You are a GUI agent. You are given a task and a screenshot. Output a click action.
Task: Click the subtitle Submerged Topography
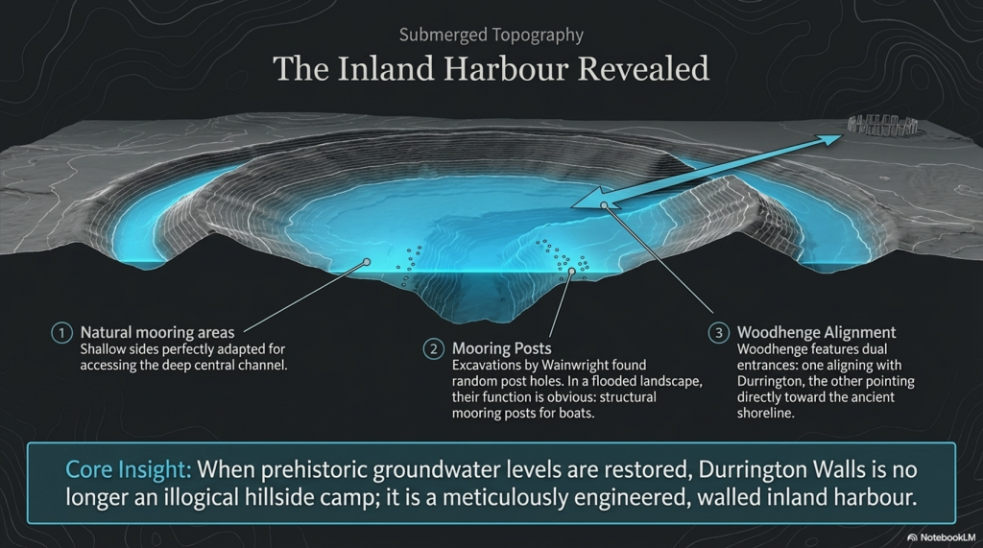tap(491, 36)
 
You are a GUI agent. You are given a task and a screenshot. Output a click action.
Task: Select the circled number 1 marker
tap(61, 332)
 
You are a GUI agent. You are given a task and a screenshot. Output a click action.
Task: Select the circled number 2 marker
tap(433, 348)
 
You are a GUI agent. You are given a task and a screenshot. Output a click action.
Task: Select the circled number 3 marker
tap(718, 332)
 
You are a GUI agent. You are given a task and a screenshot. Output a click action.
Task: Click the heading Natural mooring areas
tap(157, 332)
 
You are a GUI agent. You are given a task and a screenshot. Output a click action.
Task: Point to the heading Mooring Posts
tap(501, 348)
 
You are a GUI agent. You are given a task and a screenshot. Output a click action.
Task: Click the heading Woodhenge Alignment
tap(816, 332)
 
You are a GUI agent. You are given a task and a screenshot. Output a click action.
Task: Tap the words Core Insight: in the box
tap(128, 469)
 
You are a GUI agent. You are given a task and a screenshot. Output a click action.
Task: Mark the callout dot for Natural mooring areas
tap(367, 262)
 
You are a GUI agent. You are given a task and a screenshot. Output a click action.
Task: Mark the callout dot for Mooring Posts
tap(571, 272)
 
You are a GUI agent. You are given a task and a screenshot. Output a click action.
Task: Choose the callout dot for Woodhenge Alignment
tap(604, 205)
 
